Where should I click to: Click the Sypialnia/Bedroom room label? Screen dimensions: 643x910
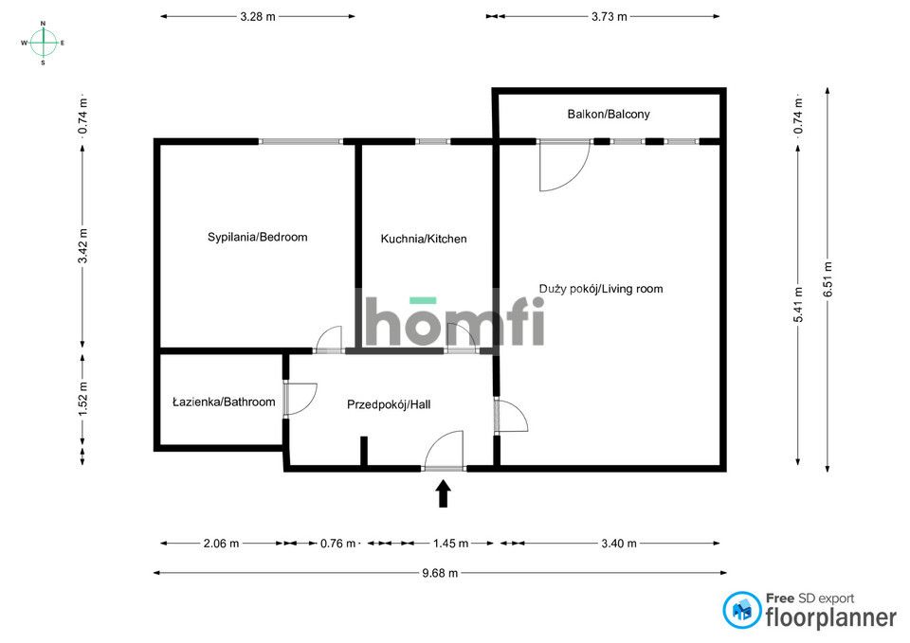pyautogui.click(x=258, y=237)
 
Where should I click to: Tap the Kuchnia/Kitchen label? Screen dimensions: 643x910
pyautogui.click(x=424, y=239)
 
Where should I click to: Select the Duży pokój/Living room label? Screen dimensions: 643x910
pyautogui.click(x=601, y=289)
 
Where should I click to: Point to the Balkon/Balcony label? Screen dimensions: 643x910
pyautogui.click(x=609, y=114)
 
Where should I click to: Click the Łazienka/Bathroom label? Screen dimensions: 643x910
pyautogui.click(x=224, y=402)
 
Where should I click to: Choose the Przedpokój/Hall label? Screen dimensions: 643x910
pyautogui.click(x=389, y=404)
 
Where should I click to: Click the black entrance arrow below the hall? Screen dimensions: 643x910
pyautogui.click(x=443, y=493)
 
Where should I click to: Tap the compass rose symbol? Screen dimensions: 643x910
pyautogui.click(x=44, y=43)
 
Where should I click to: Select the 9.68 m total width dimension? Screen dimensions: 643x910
pyautogui.click(x=440, y=573)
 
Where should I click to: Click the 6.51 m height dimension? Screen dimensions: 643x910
pyautogui.click(x=828, y=279)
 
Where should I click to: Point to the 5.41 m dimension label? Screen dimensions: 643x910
pyautogui.click(x=798, y=305)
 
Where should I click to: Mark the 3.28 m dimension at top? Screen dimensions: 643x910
pyautogui.click(x=258, y=16)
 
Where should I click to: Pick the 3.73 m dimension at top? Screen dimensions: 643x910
pyautogui.click(x=609, y=16)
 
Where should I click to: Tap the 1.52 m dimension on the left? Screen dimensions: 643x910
pyautogui.click(x=83, y=400)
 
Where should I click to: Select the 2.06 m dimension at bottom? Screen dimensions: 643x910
pyautogui.click(x=222, y=544)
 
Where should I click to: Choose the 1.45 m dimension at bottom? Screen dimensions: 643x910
pyautogui.click(x=450, y=544)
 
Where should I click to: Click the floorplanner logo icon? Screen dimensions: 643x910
pyautogui.click(x=742, y=610)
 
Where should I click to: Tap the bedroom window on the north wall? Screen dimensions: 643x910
pyautogui.click(x=302, y=142)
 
